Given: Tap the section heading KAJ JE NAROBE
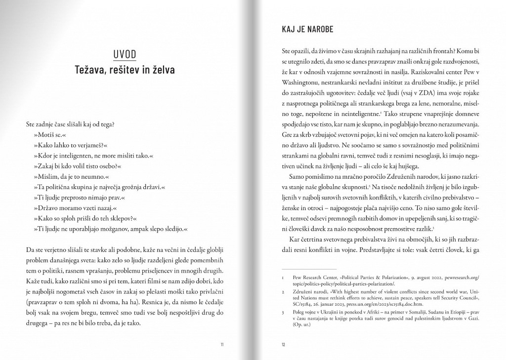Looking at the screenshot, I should coord(304,29).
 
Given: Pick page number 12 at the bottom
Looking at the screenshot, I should coord(284,344).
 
